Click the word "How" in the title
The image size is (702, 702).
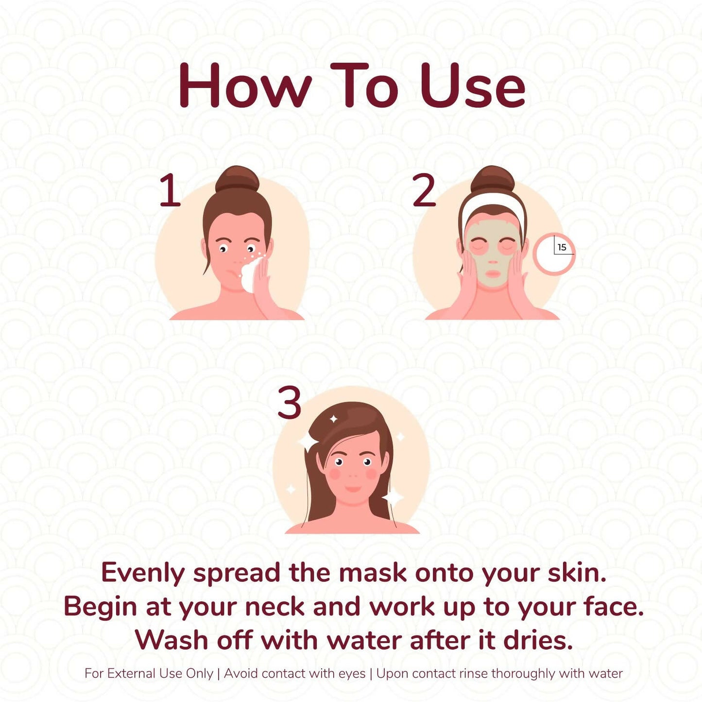[244, 86]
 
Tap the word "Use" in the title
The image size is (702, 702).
[472, 86]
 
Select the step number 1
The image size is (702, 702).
[170, 191]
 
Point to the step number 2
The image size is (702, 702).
[424, 191]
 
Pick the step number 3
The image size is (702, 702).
[289, 403]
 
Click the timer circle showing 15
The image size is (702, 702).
[554, 254]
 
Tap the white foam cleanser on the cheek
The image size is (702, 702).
[250, 275]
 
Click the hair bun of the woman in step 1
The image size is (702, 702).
[238, 179]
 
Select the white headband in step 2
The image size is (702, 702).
[492, 203]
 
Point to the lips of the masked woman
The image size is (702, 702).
[492, 274]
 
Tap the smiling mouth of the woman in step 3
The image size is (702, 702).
[353, 488]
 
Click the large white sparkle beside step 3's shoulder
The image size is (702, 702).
[393, 497]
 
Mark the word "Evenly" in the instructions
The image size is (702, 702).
[143, 573]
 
